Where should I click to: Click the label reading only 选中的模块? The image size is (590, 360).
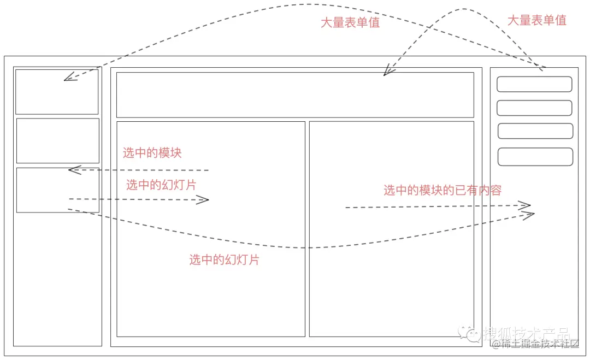pyautogui.click(x=152, y=153)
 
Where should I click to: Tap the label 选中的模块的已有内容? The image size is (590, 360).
pyautogui.click(x=442, y=190)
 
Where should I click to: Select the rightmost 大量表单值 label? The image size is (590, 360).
pyautogui.click(x=536, y=21)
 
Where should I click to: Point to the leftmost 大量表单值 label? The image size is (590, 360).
pyautogui.click(x=350, y=23)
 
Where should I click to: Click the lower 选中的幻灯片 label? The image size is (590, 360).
pyautogui.click(x=224, y=260)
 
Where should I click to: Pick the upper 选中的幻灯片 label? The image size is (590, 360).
pyautogui.click(x=161, y=185)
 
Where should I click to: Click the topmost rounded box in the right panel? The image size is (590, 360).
pyautogui.click(x=534, y=84)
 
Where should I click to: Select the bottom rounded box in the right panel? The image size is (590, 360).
pyautogui.click(x=535, y=157)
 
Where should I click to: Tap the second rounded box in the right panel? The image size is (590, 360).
pyautogui.click(x=534, y=108)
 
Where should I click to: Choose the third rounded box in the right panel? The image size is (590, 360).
pyautogui.click(x=535, y=131)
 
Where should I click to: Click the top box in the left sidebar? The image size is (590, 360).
pyautogui.click(x=57, y=92)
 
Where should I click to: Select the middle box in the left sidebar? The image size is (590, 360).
pyautogui.click(x=58, y=140)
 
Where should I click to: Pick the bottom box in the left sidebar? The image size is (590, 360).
pyautogui.click(x=58, y=190)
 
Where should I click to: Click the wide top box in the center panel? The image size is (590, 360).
pyautogui.click(x=295, y=95)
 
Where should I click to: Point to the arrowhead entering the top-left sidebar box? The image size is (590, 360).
pyautogui.click(x=68, y=78)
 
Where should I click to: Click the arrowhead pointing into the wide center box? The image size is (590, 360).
pyautogui.click(x=387, y=71)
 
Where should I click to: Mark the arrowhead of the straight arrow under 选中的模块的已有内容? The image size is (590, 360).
pyautogui.click(x=526, y=205)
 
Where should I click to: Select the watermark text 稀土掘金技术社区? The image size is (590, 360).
pyautogui.click(x=539, y=344)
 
